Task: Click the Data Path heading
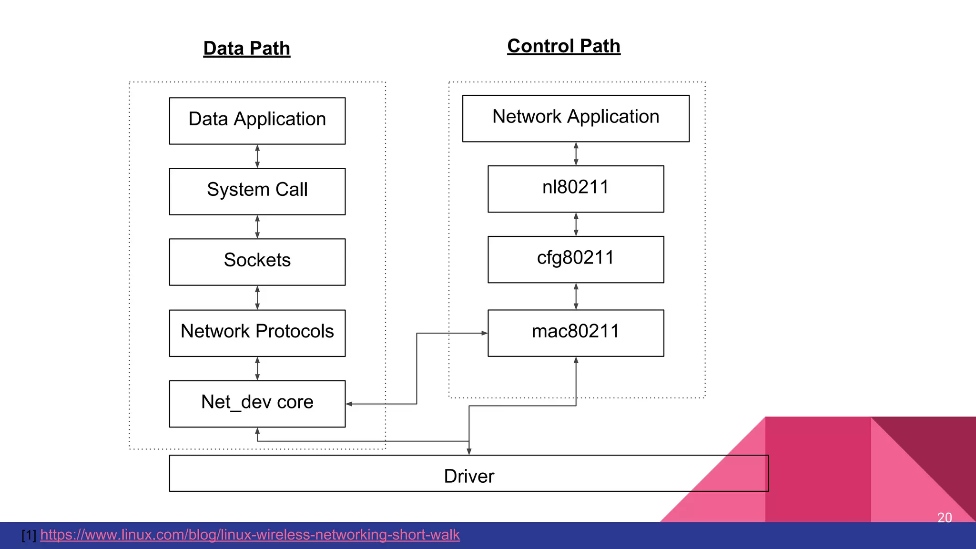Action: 246,49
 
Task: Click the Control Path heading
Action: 563,46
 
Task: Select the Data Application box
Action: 257,121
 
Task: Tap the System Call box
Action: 257,191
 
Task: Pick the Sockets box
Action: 257,262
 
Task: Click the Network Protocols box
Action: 257,333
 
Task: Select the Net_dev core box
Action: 257,403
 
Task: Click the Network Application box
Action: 575,118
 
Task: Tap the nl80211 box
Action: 575,189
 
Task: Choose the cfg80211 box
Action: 575,259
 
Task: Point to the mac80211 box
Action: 575,333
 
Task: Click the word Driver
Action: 469,476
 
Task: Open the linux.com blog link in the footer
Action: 250,535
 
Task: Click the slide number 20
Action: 944,518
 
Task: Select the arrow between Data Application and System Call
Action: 257,156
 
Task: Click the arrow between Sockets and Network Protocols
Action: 257,298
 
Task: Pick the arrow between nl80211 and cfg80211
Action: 576,224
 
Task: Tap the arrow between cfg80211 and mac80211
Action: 576,296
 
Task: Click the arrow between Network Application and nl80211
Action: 576,153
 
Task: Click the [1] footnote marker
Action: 29,535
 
